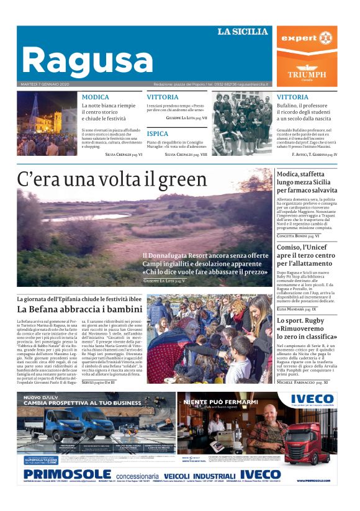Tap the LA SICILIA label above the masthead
[x=242, y=31]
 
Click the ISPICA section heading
[x=158, y=133]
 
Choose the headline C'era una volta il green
[x=112, y=179]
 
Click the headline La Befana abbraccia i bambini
[x=80, y=309]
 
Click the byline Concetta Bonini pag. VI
[x=299, y=236]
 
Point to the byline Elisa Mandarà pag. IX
[x=297, y=309]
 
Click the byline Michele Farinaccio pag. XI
[x=303, y=382]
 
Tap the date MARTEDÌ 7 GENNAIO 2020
[x=45, y=84]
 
